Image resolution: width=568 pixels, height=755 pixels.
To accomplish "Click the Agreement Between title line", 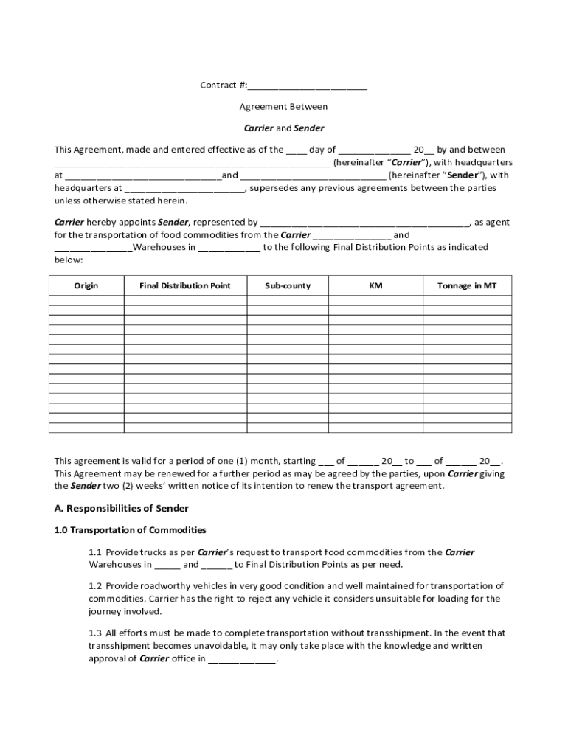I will pyautogui.click(x=283, y=107).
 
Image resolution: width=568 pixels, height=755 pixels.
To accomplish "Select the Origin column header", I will pyautogui.click(x=86, y=286).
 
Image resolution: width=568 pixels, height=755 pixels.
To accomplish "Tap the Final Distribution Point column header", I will pyautogui.click(x=184, y=286).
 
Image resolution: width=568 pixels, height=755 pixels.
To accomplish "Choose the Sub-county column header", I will pyautogui.click(x=288, y=286).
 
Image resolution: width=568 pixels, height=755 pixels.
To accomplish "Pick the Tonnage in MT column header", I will pyautogui.click(x=466, y=286).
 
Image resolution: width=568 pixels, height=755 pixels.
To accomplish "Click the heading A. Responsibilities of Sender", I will pyautogui.click(x=122, y=509).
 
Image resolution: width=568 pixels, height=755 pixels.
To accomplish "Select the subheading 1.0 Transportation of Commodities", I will pyautogui.click(x=131, y=530).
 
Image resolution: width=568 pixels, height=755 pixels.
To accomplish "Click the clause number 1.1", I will pyautogui.click(x=95, y=552).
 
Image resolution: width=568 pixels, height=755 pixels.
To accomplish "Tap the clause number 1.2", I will pyautogui.click(x=95, y=586).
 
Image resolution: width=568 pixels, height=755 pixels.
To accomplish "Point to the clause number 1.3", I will pyautogui.click(x=95, y=633).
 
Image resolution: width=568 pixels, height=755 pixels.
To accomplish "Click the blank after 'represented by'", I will pyautogui.click(x=364, y=223).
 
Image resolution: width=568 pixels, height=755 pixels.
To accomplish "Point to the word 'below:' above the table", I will pyautogui.click(x=69, y=260).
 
